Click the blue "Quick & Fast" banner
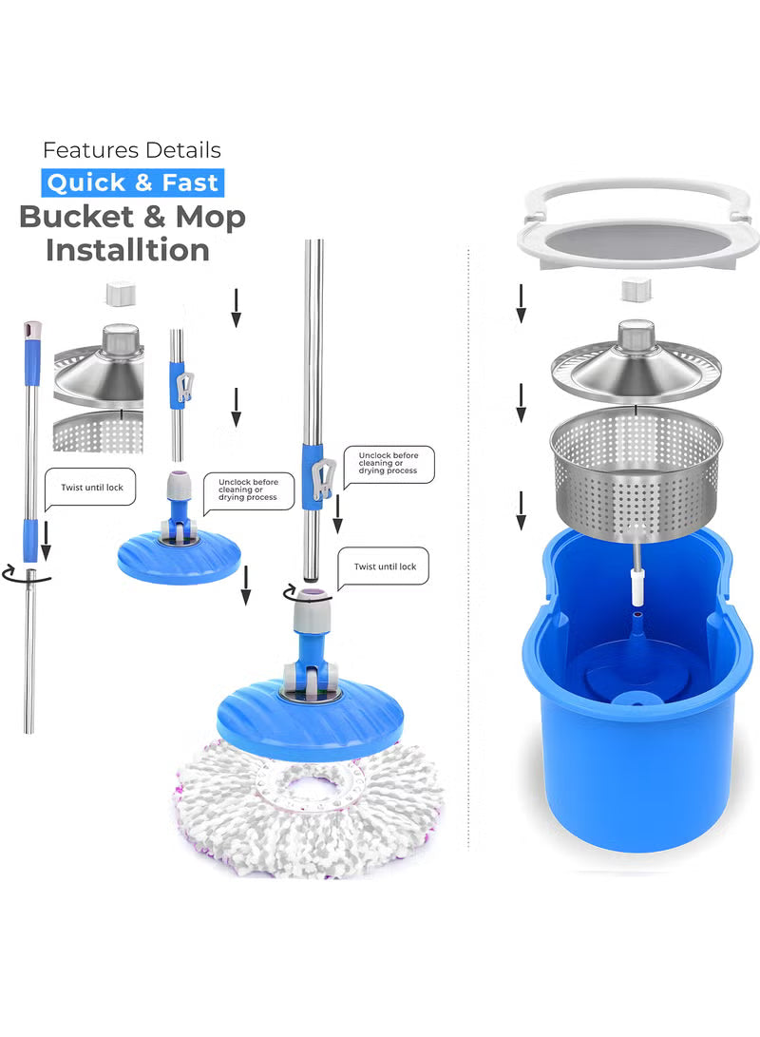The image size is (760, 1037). click(x=133, y=182)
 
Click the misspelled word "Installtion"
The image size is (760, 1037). click(x=128, y=250)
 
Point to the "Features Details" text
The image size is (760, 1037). click(x=132, y=150)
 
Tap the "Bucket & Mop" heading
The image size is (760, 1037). click(x=132, y=217)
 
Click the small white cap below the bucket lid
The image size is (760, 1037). click(x=635, y=290)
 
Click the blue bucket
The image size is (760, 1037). click(x=636, y=722)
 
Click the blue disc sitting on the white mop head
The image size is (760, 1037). click(x=310, y=718)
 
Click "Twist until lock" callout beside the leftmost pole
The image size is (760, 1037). click(x=91, y=488)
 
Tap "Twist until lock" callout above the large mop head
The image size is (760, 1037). click(x=385, y=567)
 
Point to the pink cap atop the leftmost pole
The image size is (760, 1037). click(x=32, y=330)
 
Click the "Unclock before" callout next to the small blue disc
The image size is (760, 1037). click(x=248, y=490)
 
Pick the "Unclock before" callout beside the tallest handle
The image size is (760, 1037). click(x=388, y=464)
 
